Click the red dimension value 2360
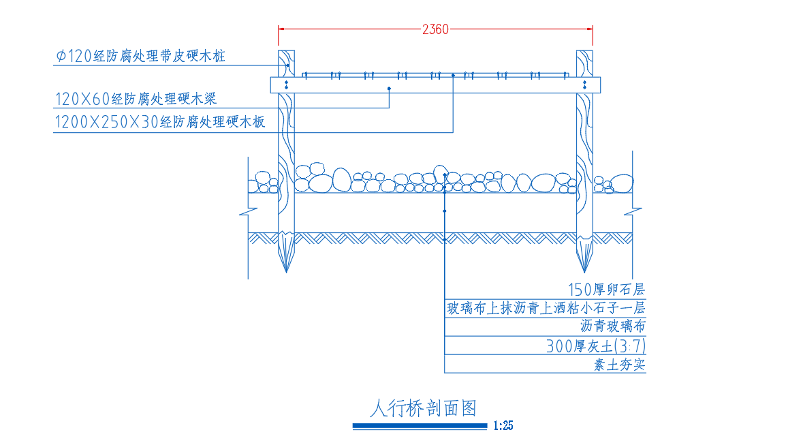coord(435,29)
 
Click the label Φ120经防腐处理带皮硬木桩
coord(140,56)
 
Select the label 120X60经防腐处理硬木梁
coord(136,98)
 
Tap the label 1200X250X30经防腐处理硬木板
coord(160,122)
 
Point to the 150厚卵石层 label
coord(606,290)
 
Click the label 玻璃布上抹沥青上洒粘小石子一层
coord(546,308)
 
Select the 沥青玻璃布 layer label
coord(612,326)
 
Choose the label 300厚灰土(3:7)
coord(595,346)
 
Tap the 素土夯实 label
coord(620,365)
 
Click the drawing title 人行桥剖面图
coord(424,409)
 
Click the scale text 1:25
coord(503,425)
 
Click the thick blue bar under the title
coord(420,425)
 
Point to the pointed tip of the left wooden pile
coord(286,272)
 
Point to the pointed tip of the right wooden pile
coord(584,272)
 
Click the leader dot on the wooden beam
coord(389,89)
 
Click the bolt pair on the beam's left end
coord(286,85)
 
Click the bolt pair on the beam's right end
coord(584,85)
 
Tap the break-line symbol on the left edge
coord(249,211)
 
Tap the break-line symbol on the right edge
coord(633,211)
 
